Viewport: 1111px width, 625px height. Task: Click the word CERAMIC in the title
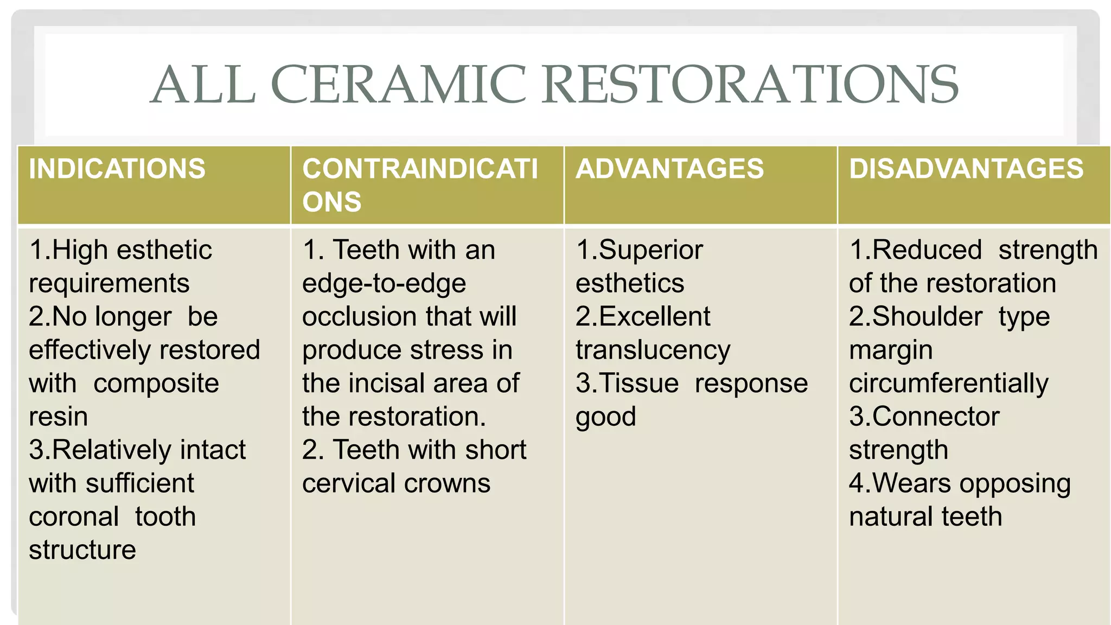click(x=398, y=85)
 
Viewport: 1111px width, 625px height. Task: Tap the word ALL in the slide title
click(x=203, y=85)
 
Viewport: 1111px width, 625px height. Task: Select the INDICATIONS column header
click(x=117, y=169)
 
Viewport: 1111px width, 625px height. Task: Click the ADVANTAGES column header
click(x=669, y=169)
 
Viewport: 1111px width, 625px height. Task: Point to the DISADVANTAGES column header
click(x=966, y=169)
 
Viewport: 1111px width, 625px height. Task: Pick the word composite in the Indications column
click(x=156, y=384)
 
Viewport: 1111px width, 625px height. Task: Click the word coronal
click(x=74, y=517)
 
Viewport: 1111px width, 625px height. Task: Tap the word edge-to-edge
click(x=384, y=284)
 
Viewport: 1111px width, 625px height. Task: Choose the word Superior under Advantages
click(x=651, y=250)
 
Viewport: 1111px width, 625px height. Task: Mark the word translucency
click(x=653, y=350)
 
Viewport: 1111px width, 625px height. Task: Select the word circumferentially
click(x=949, y=384)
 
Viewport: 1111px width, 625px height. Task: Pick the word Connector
click(x=936, y=417)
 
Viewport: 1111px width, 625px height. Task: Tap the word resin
click(x=58, y=417)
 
